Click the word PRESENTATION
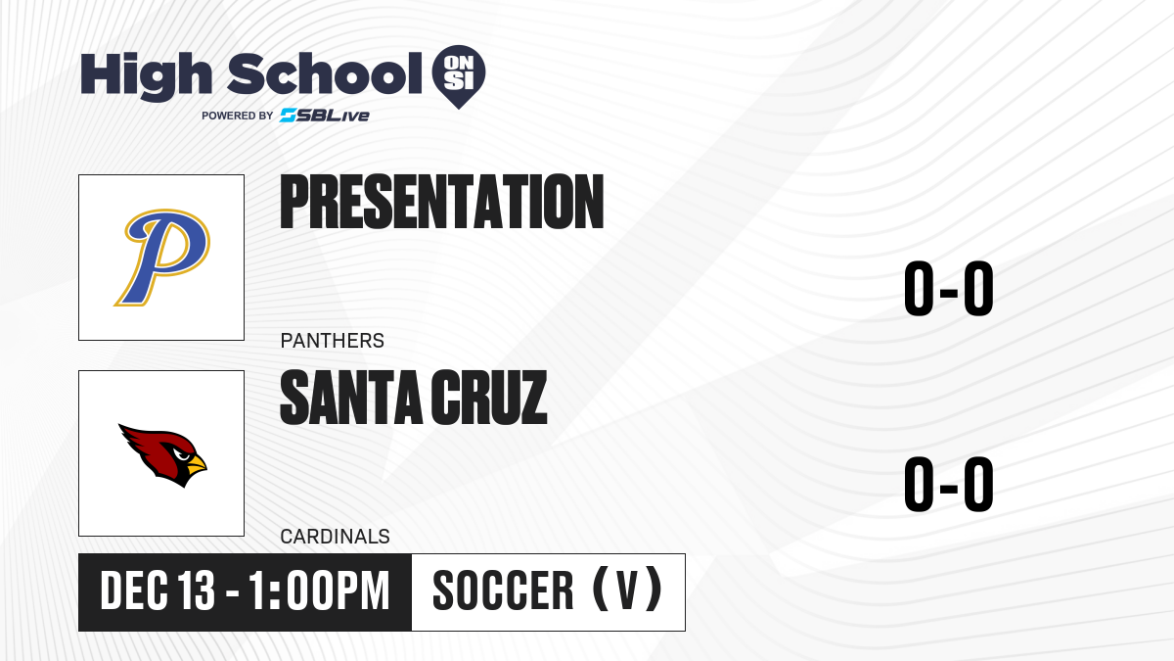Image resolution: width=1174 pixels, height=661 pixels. coord(442,202)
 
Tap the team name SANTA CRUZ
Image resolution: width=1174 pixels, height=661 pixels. coord(414,398)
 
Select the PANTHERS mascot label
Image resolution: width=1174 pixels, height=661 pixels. coord(333,341)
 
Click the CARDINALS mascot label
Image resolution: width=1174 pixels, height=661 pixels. coord(335,537)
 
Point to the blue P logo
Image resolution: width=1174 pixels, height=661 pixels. coord(161,257)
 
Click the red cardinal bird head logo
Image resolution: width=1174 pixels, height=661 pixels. coord(162,455)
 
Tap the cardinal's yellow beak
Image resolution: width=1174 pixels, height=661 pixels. coord(197,465)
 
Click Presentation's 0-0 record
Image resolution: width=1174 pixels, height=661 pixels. coord(949,289)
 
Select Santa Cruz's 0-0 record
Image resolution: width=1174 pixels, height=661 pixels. coord(949,484)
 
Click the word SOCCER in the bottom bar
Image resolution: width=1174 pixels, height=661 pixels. coord(503,590)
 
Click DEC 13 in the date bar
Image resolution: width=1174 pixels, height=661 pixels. coord(158,590)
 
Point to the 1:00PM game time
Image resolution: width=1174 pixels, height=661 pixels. coord(319,590)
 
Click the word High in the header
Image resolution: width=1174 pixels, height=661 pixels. coord(146,75)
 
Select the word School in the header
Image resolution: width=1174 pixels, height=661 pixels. coord(325,73)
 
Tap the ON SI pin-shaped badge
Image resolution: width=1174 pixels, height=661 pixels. coord(459,76)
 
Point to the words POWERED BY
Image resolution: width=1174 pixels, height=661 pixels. coord(238,116)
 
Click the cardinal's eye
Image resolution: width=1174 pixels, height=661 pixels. coord(182,454)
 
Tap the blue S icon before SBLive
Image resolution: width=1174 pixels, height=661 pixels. coord(289,116)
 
